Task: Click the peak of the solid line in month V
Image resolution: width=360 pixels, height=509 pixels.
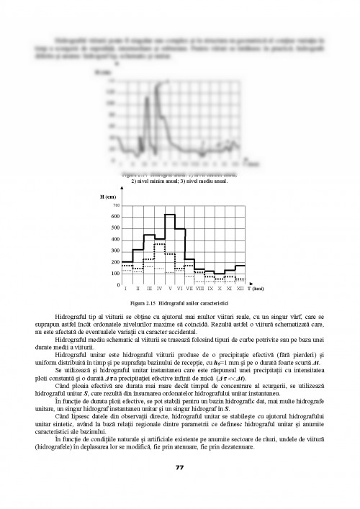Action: click(170, 215)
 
